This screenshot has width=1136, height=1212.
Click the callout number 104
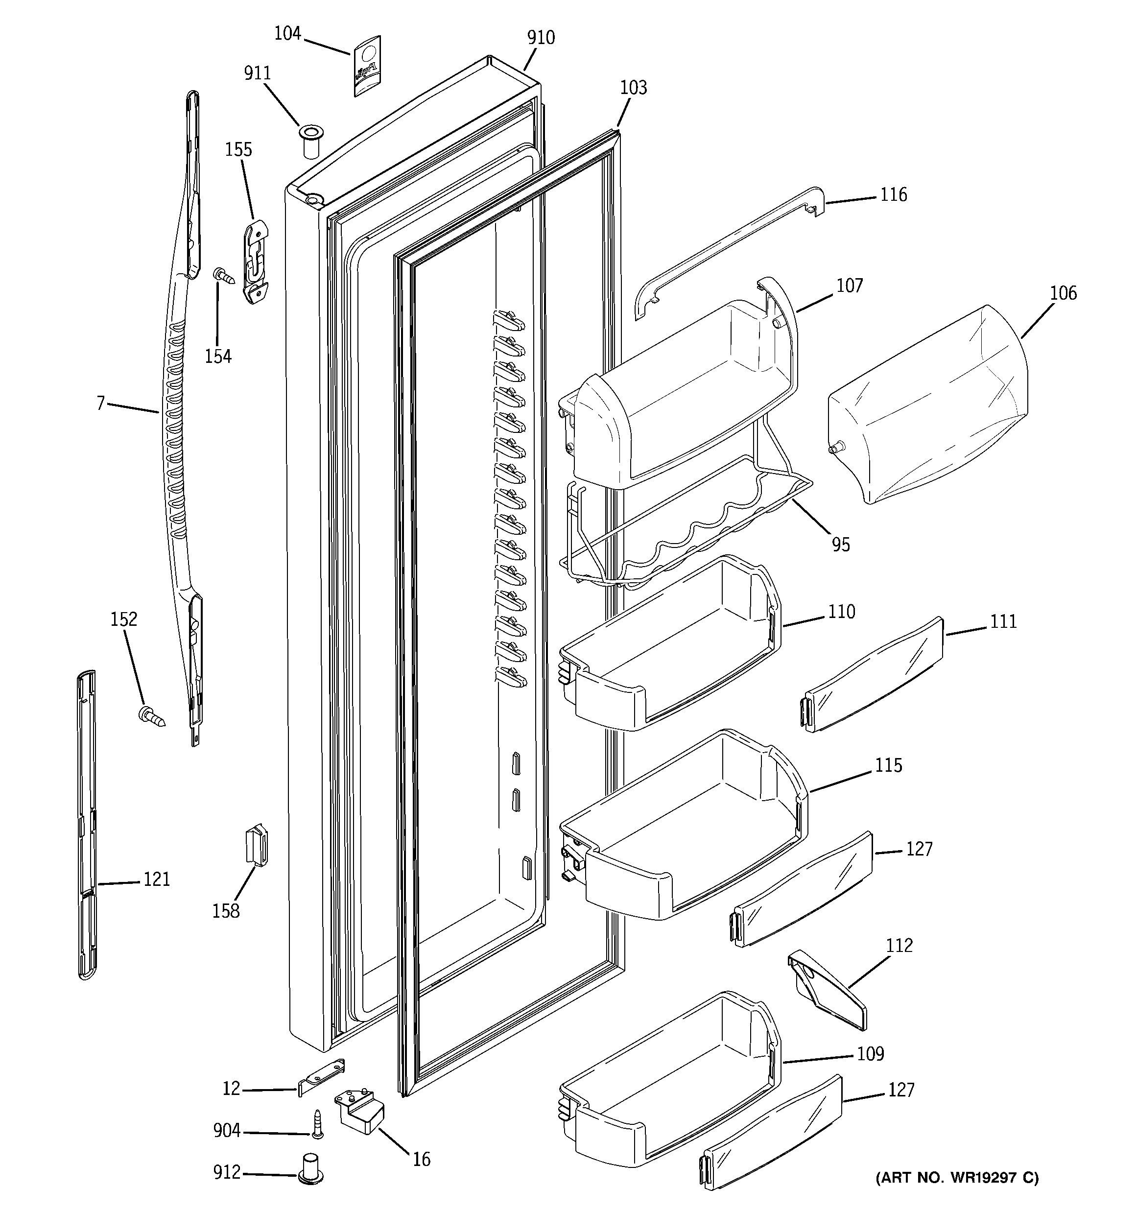pyautogui.click(x=287, y=33)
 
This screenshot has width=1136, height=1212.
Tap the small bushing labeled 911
pyautogui.click(x=310, y=141)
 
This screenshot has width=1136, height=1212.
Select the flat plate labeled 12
pyautogui.click(x=321, y=1078)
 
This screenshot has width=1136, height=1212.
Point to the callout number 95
pyautogui.click(x=840, y=545)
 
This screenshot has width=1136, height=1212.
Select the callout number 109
pyautogui.click(x=870, y=1053)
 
